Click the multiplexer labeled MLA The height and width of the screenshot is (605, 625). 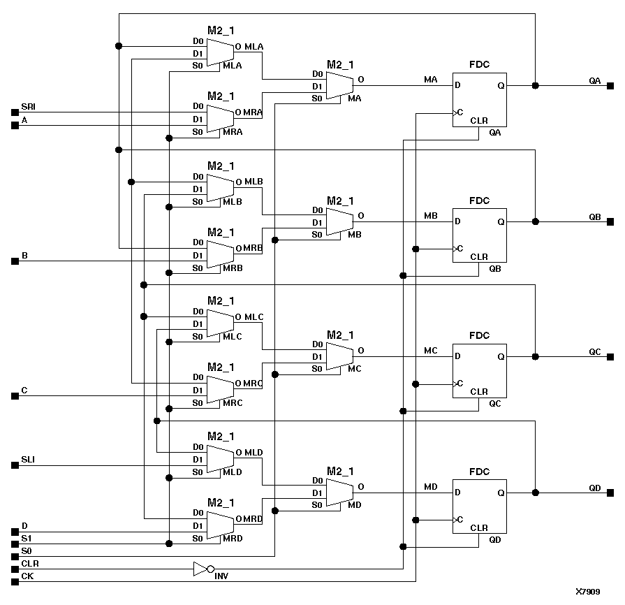point(220,52)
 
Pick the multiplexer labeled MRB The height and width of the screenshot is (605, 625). point(220,255)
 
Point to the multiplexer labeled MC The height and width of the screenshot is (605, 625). point(339,356)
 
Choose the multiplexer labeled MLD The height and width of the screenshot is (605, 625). point(220,459)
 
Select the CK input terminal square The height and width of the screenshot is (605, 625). point(14,581)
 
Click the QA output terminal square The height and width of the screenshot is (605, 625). point(610,85)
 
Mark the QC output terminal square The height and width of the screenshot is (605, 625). point(610,356)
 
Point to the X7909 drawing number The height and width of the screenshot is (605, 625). point(587,592)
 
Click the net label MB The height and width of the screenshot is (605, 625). point(431,216)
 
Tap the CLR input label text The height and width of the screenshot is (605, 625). point(29,563)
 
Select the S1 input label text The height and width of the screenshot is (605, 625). point(26,538)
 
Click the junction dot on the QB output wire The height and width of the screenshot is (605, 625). point(536,221)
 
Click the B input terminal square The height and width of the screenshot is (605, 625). point(14,261)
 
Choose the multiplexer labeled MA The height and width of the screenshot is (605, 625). point(339,85)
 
